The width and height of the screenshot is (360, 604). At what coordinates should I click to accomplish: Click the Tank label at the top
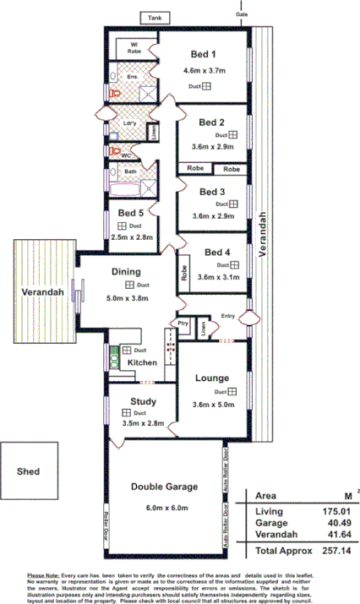[x=155, y=17]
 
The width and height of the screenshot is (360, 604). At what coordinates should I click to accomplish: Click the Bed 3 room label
[x=211, y=192]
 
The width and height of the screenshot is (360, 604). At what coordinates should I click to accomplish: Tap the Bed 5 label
[x=131, y=213]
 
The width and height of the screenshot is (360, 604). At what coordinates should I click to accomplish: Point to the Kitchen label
[x=142, y=362]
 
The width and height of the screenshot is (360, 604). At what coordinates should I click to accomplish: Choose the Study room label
[x=142, y=401]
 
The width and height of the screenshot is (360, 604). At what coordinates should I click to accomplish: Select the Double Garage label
[x=164, y=487]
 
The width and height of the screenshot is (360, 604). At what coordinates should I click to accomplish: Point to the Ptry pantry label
[x=182, y=324]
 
